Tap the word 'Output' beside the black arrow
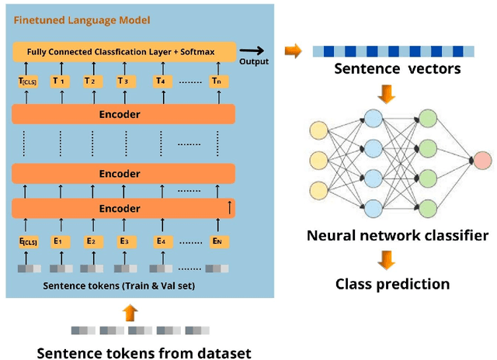tap(255, 61)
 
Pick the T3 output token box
tap(123, 81)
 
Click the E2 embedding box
tap(90, 241)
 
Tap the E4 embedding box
tap(162, 241)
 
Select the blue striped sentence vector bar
tap(393, 51)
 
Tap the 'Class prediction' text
tap(392, 284)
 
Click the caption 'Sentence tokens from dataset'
tap(144, 353)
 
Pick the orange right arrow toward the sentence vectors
tap(294, 51)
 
